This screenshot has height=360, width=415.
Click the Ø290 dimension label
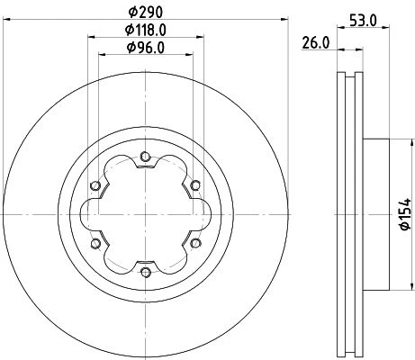[x=146, y=13]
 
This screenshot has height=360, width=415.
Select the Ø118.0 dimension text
[x=146, y=30]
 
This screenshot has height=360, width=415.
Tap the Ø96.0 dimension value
[x=146, y=48]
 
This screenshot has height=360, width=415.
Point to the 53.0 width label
[x=363, y=21]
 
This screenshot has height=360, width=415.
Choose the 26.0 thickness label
[x=316, y=43]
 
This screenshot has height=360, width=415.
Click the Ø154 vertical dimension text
[x=405, y=214]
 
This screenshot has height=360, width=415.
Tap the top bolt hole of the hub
[x=145, y=157]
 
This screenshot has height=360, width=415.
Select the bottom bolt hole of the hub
[x=145, y=272]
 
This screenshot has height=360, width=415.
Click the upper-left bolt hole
[x=95, y=185]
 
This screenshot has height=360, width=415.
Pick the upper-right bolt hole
[x=195, y=185]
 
